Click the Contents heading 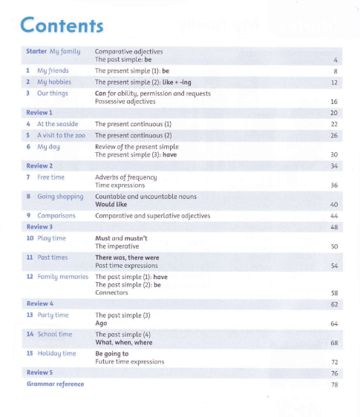click(x=62, y=25)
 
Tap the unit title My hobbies click(x=54, y=83)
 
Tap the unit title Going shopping click(x=60, y=197)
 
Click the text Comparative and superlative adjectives click(x=152, y=215)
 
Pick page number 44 click(x=334, y=216)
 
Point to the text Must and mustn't click(x=121, y=238)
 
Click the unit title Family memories click(x=62, y=276)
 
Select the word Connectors click(x=112, y=292)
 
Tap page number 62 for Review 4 click(x=334, y=304)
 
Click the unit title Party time click(x=53, y=315)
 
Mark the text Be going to click(x=113, y=354)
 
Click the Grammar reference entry click(x=55, y=384)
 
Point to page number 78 click(x=334, y=384)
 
